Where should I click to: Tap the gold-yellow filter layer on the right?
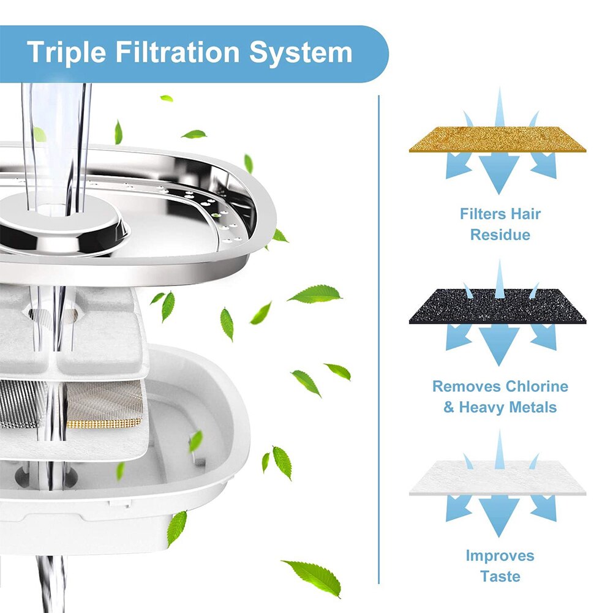click(497, 140)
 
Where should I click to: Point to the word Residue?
click(500, 235)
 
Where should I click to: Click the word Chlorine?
click(536, 387)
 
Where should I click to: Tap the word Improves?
click(500, 556)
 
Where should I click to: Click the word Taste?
click(500, 576)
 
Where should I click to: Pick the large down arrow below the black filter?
click(498, 344)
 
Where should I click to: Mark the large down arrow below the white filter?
click(498, 516)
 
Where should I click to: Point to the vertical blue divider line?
click(379, 337)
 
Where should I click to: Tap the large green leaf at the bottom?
click(312, 576)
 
